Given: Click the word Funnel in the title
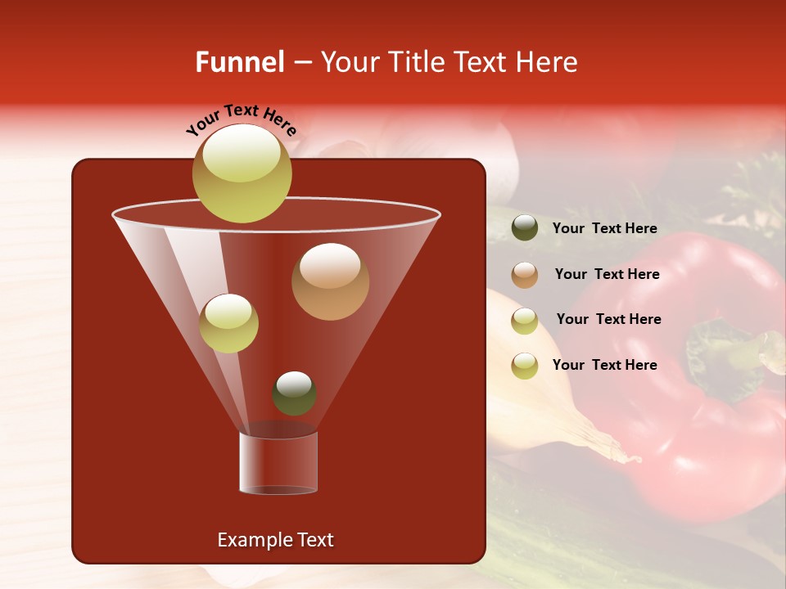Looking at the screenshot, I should pos(240,62).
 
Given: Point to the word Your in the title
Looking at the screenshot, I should pos(350,62).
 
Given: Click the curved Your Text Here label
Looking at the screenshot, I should pos(241,120).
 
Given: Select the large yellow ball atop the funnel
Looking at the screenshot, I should pos(242,173).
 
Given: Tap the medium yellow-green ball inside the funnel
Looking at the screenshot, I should pos(229,323).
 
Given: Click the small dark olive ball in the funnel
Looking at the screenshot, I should pos(294,393).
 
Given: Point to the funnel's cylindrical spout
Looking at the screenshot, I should pos(278,463).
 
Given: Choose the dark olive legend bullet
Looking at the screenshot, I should pos(525,228).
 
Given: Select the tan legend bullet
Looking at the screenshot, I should pos(525,275).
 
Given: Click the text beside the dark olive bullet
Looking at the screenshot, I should pos(604,229).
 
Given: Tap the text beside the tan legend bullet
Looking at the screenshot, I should pos(607,274).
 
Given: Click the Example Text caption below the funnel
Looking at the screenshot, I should pos(275,540).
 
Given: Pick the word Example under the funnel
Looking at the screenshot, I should pos(253,540).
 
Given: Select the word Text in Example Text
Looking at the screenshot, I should pos(314,540).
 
